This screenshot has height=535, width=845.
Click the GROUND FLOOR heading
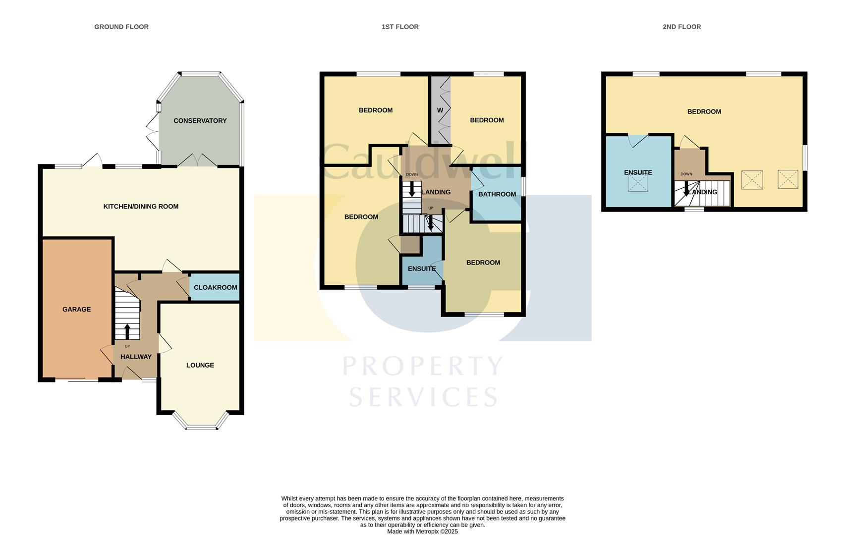[121, 27]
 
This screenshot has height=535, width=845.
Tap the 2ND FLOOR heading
[681, 27]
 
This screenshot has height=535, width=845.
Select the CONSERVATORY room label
[200, 121]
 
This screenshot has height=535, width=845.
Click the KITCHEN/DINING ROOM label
[141, 207]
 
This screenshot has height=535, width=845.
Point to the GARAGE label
[76, 310]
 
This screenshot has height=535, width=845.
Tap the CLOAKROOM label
[215, 288]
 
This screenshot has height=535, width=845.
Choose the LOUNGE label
[200, 366]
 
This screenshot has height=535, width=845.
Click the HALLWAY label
[136, 357]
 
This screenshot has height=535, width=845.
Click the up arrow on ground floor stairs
[127, 331]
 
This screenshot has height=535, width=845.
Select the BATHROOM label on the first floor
[497, 194]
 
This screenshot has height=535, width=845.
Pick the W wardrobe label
[440, 110]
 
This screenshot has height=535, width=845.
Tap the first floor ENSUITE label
[421, 269]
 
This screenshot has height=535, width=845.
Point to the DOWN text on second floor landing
[686, 174]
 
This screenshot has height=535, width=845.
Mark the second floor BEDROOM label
[704, 112]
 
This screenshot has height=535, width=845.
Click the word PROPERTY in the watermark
[423, 367]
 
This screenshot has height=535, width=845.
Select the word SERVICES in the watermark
[423, 397]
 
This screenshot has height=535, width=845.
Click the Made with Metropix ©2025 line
[422, 532]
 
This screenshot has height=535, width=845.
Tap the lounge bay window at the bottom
[201, 427]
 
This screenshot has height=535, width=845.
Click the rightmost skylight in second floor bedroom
[788, 179]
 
